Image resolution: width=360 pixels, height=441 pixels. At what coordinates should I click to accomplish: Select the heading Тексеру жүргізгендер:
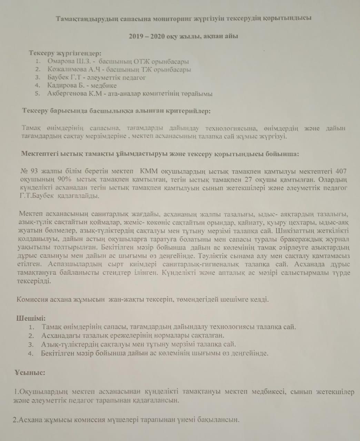tap(65, 53)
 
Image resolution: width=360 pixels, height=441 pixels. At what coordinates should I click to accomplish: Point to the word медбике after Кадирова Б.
tap(104, 85)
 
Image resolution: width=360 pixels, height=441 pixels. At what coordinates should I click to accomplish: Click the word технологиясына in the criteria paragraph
tap(231, 129)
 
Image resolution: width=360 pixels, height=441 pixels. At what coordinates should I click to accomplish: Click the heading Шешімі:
tap(31, 318)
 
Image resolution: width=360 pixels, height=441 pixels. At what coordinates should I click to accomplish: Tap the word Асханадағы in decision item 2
tap(59, 335)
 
